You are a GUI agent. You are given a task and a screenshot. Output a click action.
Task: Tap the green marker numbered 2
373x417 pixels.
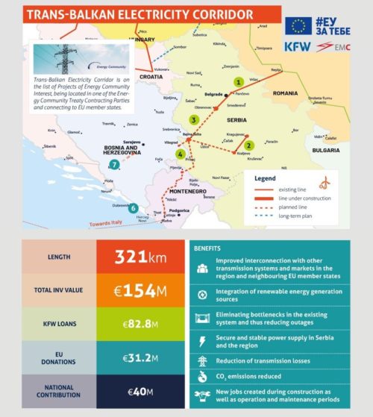[x=249, y=145]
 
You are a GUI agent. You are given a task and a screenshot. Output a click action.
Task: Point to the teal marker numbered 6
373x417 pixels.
[x=134, y=208]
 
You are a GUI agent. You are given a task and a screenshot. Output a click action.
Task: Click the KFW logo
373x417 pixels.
[x=298, y=46]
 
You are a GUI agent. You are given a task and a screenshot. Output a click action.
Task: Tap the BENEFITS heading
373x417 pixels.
[x=207, y=246]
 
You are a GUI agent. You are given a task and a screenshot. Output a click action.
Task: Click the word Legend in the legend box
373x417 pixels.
[x=266, y=178]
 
